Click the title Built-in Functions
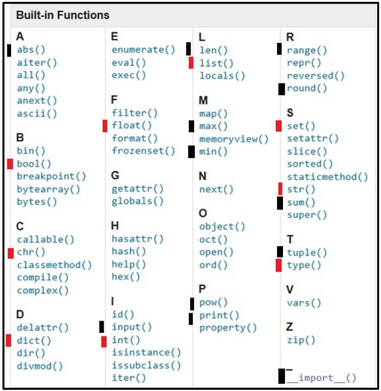coord(63,15)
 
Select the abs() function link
coord(31,50)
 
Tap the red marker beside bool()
coord(10,163)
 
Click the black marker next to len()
coord(189,49)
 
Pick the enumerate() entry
coord(138,50)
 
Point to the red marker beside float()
coord(105,125)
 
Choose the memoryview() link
coord(233,139)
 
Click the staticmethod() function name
coord(327,177)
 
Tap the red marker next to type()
coord(279,265)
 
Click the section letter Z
coord(290,327)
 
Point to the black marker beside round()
coord(281,89)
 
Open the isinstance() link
coord(146,352)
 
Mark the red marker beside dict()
coord(9,340)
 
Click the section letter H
coord(115,226)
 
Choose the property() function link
coord(228,328)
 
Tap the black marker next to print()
coord(191,318)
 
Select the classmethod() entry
coord(54,265)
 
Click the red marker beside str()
coord(280,188)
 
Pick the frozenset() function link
coord(143,151)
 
